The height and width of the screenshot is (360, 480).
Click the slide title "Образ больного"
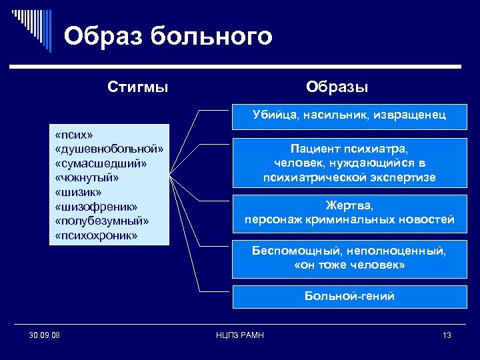point(168,36)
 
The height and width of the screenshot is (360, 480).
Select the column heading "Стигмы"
point(138,87)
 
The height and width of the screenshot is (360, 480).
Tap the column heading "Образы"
point(337,87)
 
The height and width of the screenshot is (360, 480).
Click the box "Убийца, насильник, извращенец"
point(349,115)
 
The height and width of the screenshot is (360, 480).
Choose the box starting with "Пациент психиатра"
point(349,163)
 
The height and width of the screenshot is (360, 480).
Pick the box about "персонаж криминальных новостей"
point(349,213)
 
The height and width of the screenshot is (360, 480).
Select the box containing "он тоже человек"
point(349,258)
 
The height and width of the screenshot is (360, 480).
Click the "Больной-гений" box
point(349,296)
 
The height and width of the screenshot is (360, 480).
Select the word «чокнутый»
point(89,178)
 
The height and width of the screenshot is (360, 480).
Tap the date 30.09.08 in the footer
point(45,335)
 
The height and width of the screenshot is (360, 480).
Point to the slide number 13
point(447,335)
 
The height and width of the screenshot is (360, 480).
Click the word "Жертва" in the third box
point(349,205)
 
